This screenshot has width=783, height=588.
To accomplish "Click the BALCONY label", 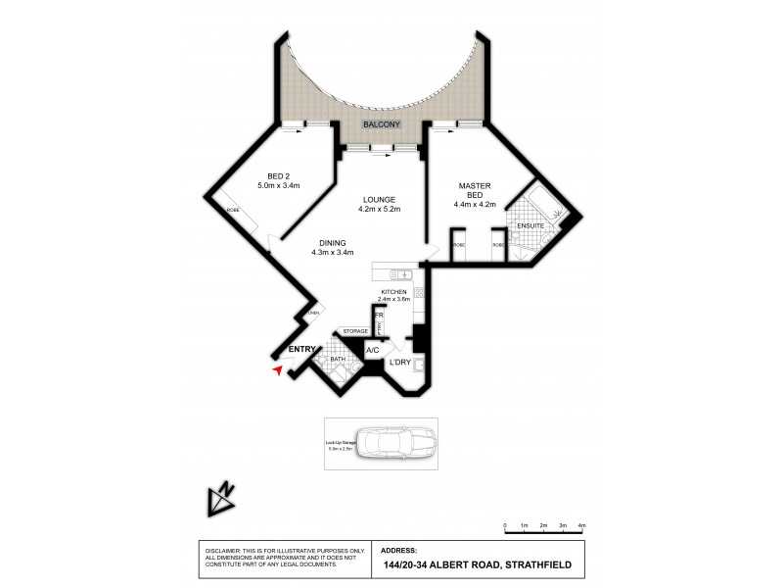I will click(x=382, y=125).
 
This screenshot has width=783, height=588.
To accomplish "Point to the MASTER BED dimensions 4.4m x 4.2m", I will click(x=475, y=205).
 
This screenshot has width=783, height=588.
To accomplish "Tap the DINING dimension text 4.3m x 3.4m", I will click(x=333, y=252).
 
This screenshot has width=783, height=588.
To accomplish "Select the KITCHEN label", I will click(x=393, y=293).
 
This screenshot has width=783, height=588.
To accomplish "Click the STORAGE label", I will click(x=354, y=331).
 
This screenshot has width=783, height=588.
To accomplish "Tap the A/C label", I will click(x=372, y=350).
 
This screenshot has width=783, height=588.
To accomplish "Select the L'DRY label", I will click(x=400, y=364).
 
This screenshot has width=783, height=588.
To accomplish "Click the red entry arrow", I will click(x=279, y=369).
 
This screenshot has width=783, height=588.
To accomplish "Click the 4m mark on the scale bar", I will click(x=581, y=527).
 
